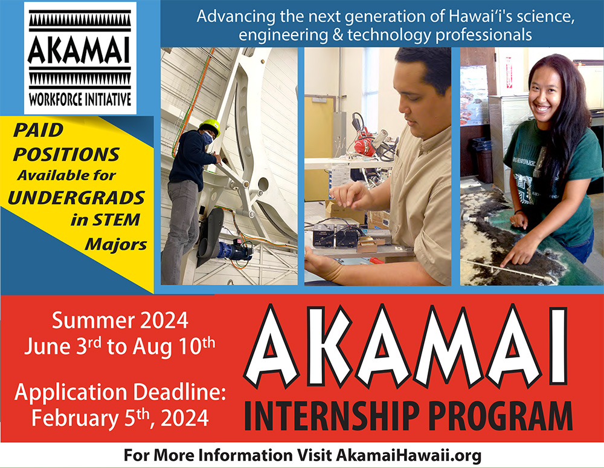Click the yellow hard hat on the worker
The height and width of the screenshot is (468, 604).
(x=210, y=126)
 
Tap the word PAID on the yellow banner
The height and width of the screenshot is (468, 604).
(x=38, y=130)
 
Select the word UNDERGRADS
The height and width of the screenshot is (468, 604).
(x=76, y=198)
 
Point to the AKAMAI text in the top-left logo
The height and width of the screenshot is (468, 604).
(x=79, y=50)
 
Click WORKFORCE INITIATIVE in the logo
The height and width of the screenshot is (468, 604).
(x=80, y=99)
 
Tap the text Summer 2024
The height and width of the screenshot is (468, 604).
(x=120, y=320)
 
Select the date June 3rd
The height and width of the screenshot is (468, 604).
(x=62, y=346)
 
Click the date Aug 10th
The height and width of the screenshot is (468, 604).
(x=174, y=346)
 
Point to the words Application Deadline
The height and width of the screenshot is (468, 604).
(x=120, y=392)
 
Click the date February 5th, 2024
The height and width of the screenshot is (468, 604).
(x=120, y=417)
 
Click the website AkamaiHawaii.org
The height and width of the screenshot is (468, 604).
(x=409, y=455)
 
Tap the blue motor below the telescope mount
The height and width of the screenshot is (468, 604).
(x=233, y=250)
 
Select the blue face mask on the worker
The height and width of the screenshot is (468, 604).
(x=207, y=138)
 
